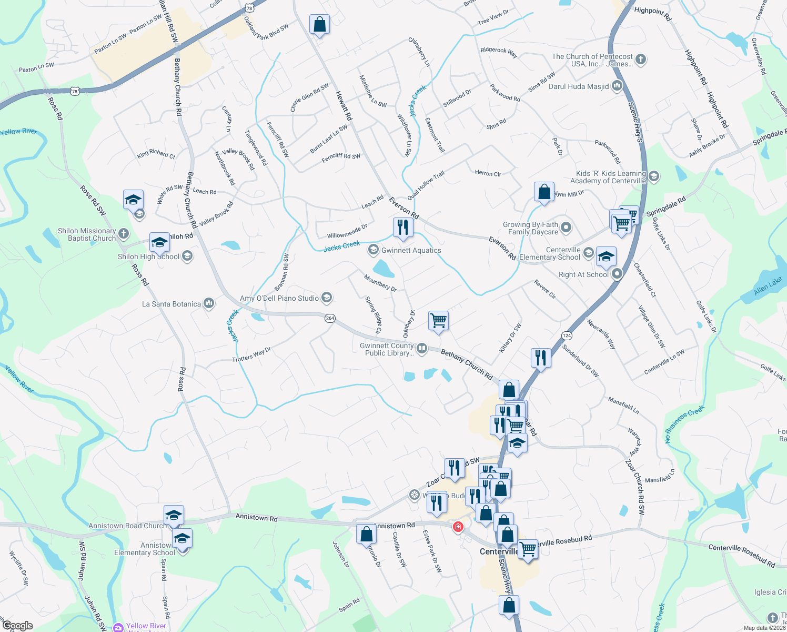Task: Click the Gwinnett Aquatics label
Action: (411, 251)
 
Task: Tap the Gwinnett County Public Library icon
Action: (422, 348)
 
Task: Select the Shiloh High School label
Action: (149, 257)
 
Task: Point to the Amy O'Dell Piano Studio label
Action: (279, 299)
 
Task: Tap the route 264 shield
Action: (330, 318)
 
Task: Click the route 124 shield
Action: (567, 335)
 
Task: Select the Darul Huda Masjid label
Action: (579, 87)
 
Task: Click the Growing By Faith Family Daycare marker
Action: (566, 228)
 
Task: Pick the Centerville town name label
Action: (499, 551)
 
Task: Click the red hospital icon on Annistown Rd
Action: (458, 526)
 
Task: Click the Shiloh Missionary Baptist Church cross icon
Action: (123, 233)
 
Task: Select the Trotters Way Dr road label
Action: (251, 355)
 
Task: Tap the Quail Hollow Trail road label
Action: (426, 184)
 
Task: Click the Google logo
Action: (17, 626)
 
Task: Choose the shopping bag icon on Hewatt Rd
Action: (319, 24)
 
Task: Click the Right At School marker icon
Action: (617, 274)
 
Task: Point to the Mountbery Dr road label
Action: (380, 282)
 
